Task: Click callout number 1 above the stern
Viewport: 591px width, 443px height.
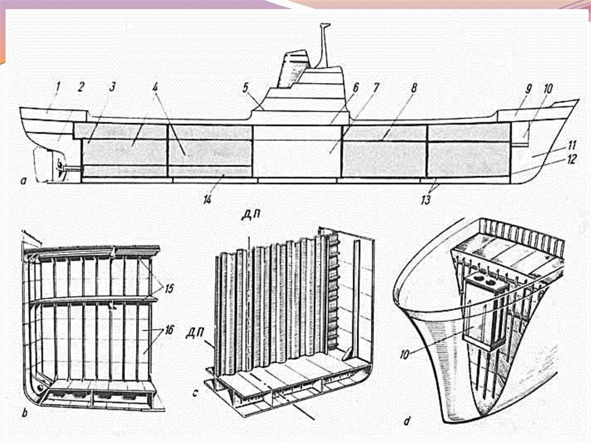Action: coord(58,87)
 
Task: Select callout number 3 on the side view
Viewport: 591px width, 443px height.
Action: coord(112,87)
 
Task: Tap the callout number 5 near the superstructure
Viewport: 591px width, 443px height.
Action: coord(245,88)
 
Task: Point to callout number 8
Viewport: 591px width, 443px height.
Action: coord(413,88)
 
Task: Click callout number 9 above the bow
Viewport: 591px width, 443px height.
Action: coord(528,90)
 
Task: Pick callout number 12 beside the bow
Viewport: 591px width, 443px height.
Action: coord(572,160)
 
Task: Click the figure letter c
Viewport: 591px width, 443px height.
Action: coord(196,395)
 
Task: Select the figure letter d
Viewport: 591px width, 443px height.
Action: coord(406,422)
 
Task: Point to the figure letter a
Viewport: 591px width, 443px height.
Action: coord(24,181)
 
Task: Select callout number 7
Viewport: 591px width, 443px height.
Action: coord(376,88)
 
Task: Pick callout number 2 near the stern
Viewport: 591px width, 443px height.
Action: coord(81,87)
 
